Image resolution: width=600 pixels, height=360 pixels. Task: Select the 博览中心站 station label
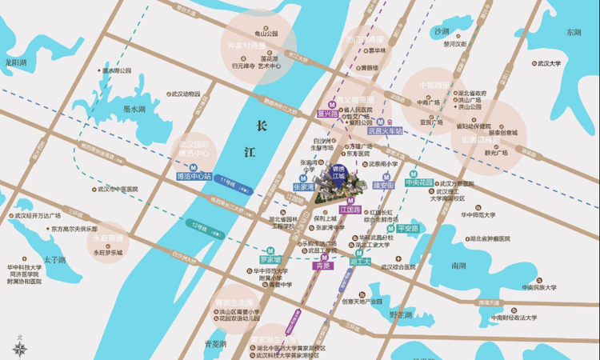[x=194, y=176]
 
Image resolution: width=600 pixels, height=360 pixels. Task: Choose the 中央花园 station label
[x=418, y=183]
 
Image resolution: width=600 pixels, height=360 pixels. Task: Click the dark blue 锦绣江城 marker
[x=337, y=173]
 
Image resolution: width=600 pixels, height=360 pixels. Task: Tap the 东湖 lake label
[x=572, y=33]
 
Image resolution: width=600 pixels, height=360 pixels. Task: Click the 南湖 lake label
[x=458, y=265]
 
